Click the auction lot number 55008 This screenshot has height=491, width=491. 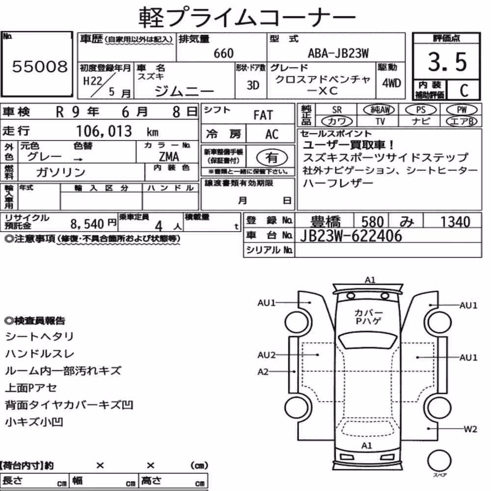[x=40, y=66]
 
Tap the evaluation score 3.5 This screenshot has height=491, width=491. [x=447, y=62]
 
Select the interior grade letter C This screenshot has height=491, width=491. [x=464, y=90]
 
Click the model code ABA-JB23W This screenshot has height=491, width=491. [x=338, y=53]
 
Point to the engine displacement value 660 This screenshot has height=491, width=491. [x=223, y=54]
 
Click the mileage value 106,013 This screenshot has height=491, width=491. [x=104, y=131]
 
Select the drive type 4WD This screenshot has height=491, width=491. [x=391, y=83]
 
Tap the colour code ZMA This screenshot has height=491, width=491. [x=169, y=156]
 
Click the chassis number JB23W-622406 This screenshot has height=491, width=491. [x=351, y=236]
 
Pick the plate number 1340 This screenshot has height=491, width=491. [x=455, y=221]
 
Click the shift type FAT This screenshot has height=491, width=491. [x=263, y=115]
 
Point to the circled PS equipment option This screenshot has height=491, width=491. [x=421, y=110]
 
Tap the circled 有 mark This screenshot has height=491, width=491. [x=272, y=158]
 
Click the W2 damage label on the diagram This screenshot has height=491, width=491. [x=470, y=429]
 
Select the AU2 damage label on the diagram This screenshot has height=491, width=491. [x=267, y=355]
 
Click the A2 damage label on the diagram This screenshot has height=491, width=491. [x=263, y=372]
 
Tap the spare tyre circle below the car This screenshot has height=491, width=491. [x=439, y=461]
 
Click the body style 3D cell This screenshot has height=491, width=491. [x=253, y=85]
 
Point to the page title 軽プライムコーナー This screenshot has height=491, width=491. [x=247, y=17]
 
